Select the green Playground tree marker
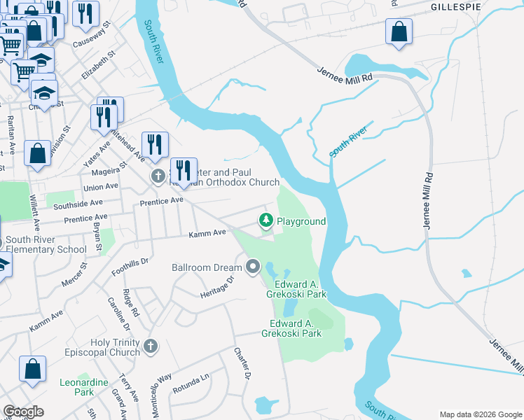tap(266, 220)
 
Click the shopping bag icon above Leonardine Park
tap(32, 370)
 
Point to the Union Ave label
tap(101, 188)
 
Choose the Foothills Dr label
tap(130, 269)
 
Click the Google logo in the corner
tap(23, 412)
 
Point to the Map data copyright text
tap(479, 414)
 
